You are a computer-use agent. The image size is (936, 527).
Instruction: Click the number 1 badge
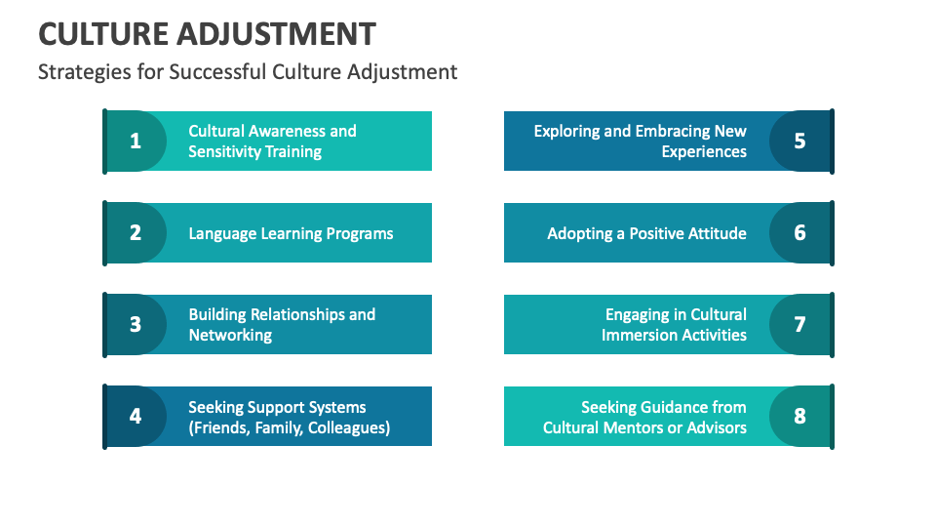[136, 141]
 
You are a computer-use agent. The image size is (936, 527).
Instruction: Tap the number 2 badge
[136, 232]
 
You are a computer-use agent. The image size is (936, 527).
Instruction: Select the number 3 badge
[136, 324]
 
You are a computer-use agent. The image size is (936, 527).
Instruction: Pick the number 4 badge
[136, 416]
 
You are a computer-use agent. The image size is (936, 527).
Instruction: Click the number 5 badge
[799, 141]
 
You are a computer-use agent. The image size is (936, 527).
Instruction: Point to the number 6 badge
[799, 232]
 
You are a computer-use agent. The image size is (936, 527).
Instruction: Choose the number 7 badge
[799, 324]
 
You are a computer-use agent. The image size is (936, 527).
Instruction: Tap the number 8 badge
[799, 416]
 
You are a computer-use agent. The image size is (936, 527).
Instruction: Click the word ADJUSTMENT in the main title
[277, 34]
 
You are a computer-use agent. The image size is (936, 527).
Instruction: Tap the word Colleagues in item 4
[348, 427]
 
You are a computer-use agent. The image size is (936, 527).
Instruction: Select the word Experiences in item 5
[704, 151]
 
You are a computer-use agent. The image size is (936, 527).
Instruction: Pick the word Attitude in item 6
[716, 233]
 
